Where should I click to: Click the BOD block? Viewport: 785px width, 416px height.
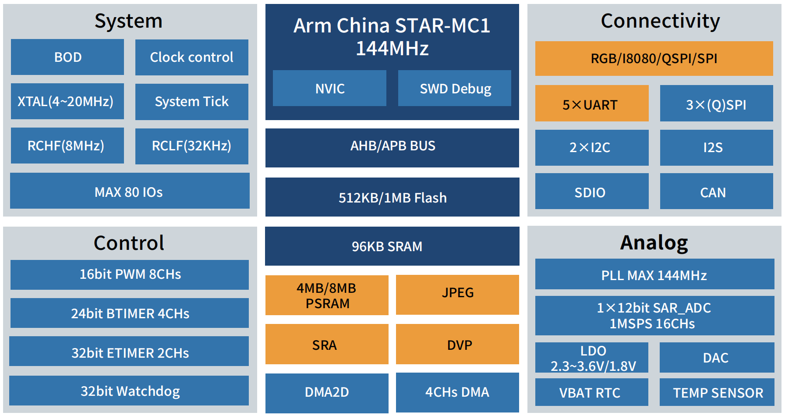(x=67, y=57)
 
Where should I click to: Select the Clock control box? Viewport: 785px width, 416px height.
(x=191, y=57)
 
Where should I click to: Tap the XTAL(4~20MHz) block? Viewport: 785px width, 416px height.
(x=67, y=101)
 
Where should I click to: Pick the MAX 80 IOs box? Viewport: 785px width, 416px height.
(x=130, y=191)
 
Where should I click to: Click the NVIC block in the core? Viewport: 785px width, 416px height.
(x=329, y=88)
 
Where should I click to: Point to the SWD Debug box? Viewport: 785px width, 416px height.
(x=454, y=88)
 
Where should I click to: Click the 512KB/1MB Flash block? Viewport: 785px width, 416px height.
(x=392, y=197)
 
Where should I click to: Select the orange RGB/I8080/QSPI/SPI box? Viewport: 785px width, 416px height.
(x=654, y=58)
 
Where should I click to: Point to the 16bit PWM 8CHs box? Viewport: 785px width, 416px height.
(x=130, y=274)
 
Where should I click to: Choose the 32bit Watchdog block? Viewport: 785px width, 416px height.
(x=129, y=391)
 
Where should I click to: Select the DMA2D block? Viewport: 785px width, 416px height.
(x=327, y=392)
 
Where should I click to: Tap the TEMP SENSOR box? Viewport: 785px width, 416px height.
(x=717, y=392)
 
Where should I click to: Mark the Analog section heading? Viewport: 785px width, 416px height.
(x=654, y=242)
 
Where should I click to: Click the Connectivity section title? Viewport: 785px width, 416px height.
(x=660, y=21)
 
